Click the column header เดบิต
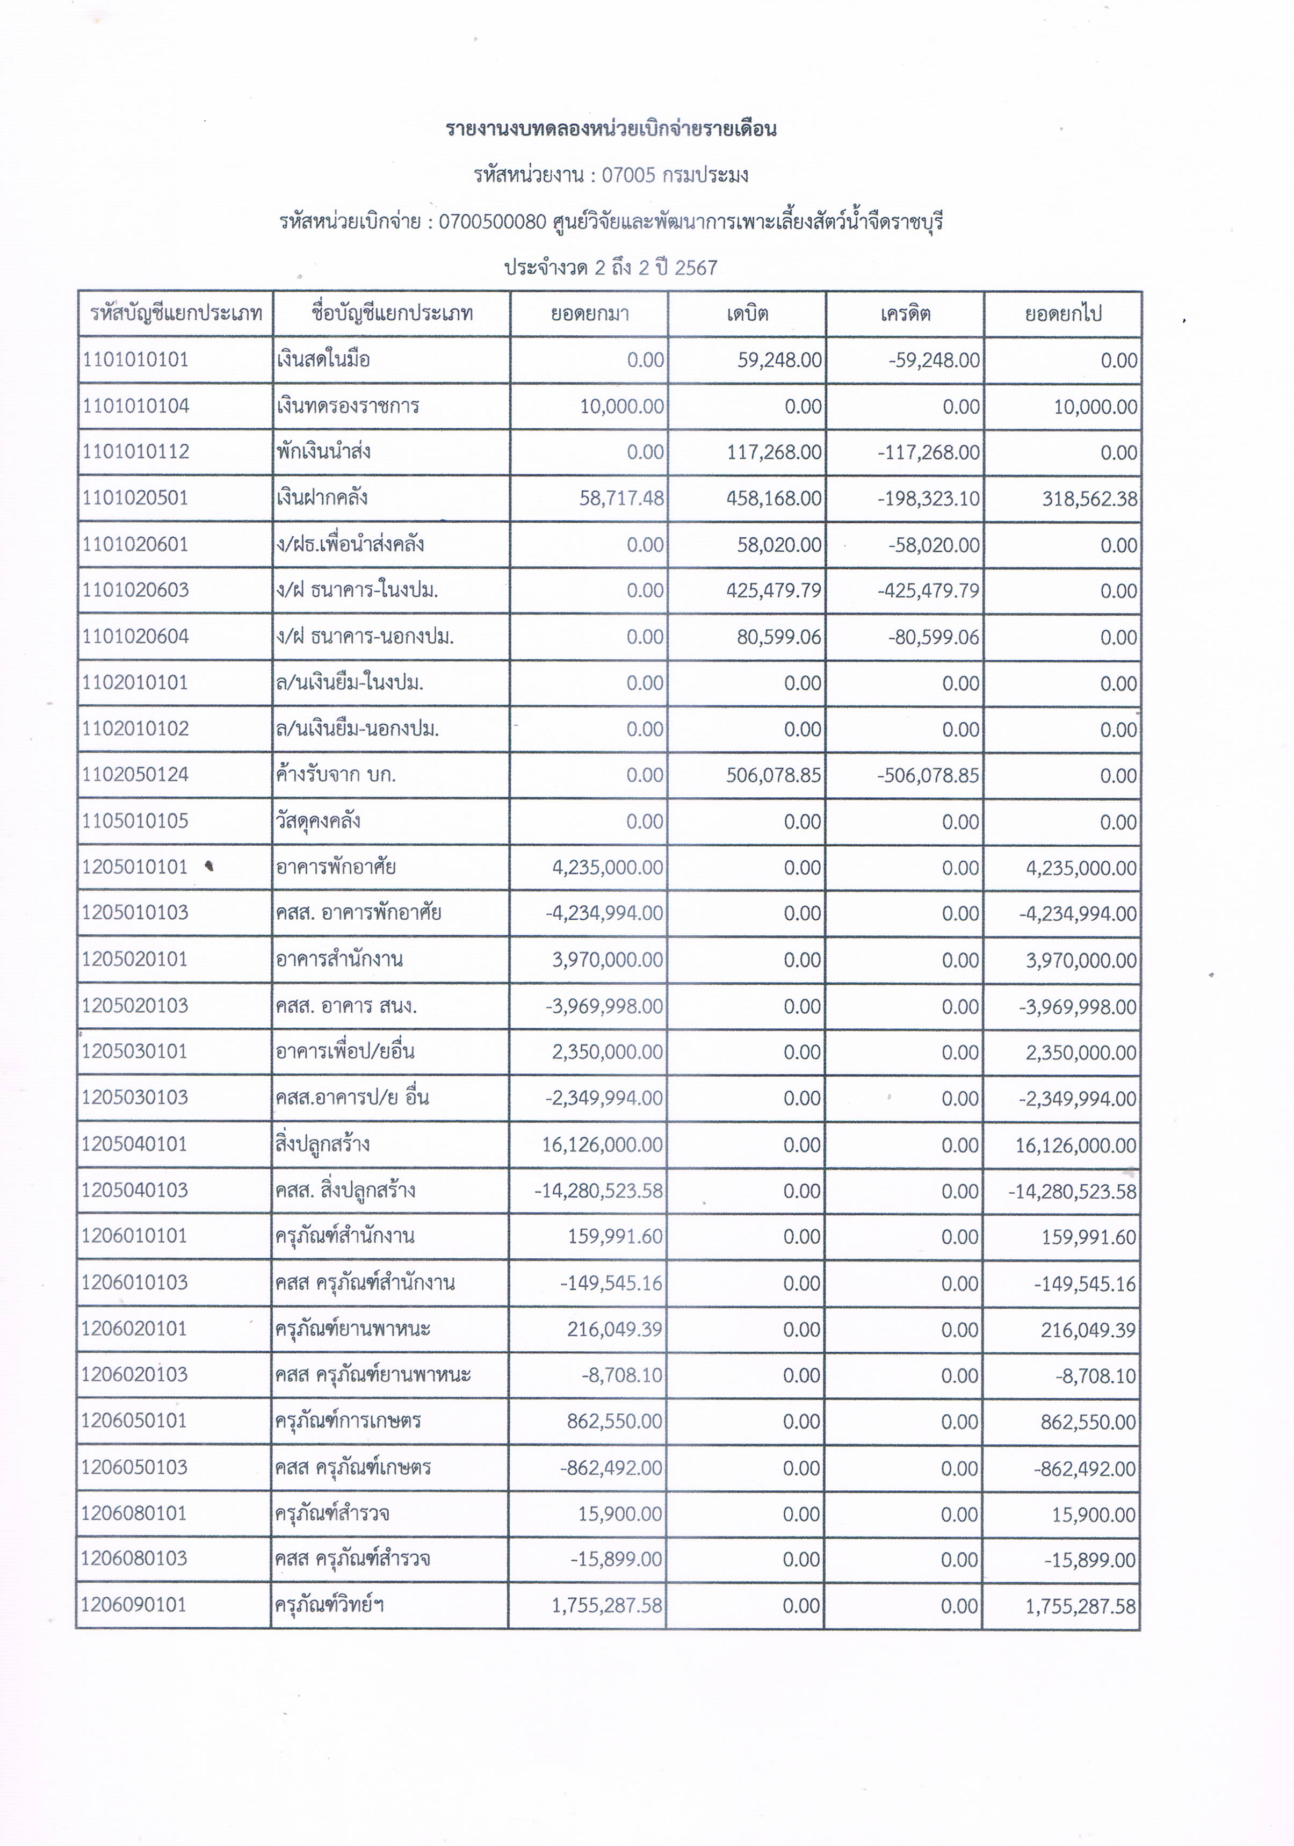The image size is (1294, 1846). [747, 314]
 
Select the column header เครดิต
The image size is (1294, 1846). [905, 314]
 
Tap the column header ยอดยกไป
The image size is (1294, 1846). [1062, 314]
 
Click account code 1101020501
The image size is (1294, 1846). [135, 497]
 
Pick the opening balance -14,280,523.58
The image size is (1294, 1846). [599, 1191]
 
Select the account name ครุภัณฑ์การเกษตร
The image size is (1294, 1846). [348, 1420]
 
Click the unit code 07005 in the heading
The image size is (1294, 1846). [628, 175]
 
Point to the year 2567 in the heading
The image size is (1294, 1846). [696, 268]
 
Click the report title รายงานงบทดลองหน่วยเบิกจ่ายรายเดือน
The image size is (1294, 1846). [611, 129]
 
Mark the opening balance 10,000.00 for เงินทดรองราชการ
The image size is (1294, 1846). [622, 406]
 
